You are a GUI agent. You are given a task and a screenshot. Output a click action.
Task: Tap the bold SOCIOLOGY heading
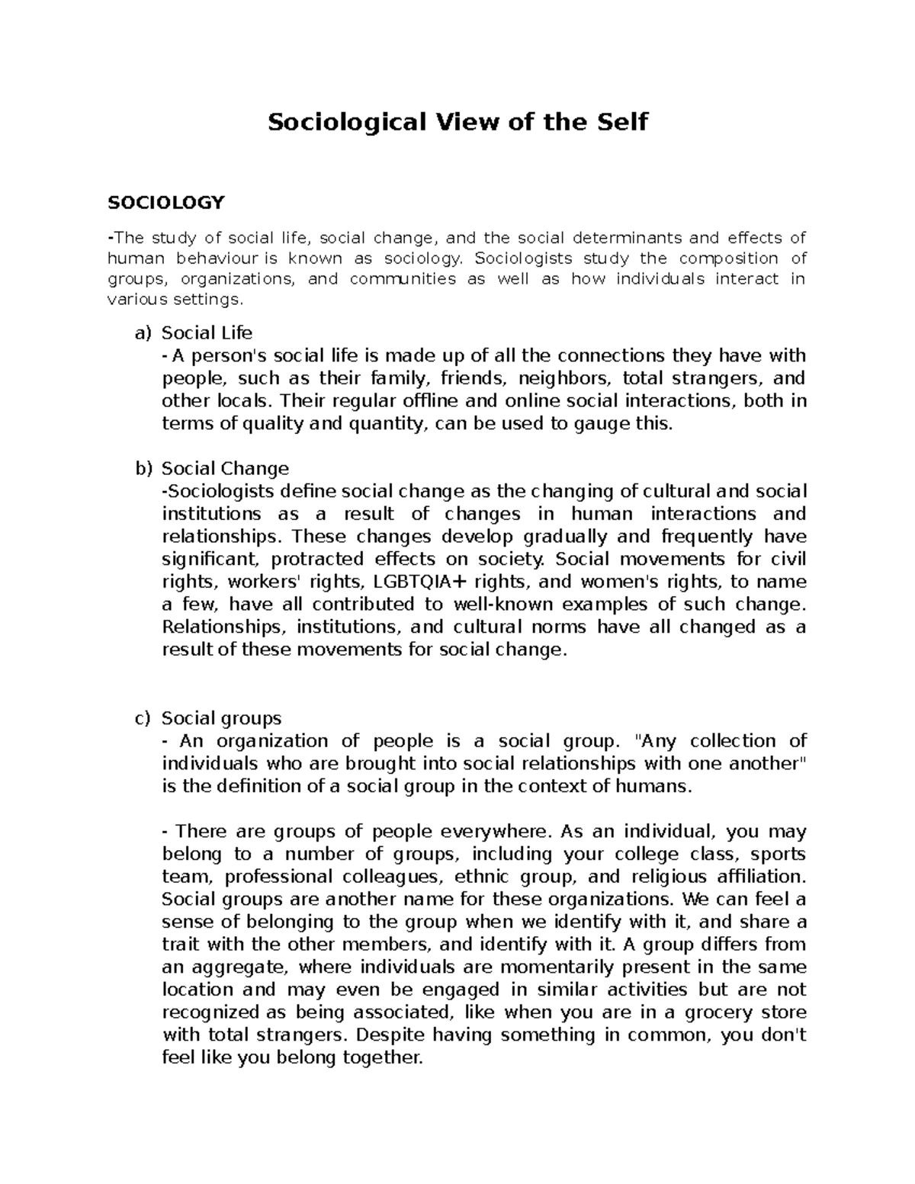click(166, 202)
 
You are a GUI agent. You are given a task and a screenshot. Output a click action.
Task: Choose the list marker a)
click(143, 333)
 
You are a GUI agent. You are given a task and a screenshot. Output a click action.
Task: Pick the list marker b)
click(143, 468)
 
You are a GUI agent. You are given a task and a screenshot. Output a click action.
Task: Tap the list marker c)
click(143, 718)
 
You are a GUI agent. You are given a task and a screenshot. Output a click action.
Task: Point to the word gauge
click(601, 424)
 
